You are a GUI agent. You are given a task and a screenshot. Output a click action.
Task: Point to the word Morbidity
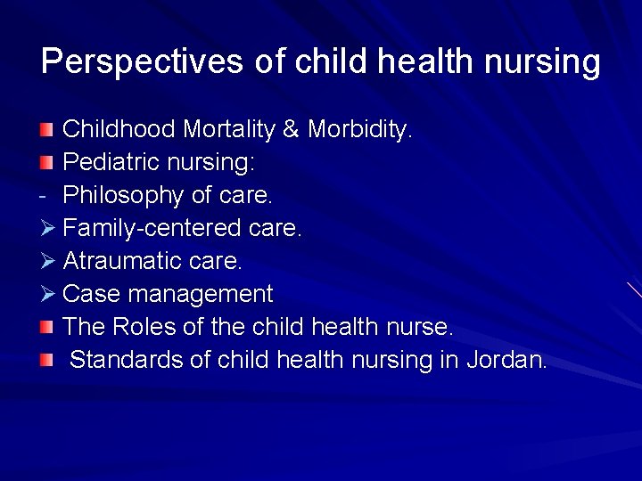pyautogui.click(x=359, y=130)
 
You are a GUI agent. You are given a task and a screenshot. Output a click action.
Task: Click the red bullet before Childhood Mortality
pyautogui.click(x=46, y=131)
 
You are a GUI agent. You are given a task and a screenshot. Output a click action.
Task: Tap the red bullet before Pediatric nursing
pyautogui.click(x=46, y=164)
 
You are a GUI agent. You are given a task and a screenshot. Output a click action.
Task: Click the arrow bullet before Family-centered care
pyautogui.click(x=48, y=229)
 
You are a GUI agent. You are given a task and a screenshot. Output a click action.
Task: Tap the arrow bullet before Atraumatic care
pyautogui.click(x=48, y=262)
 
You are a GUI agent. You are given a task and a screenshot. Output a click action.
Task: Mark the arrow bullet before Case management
pyautogui.click(x=48, y=295)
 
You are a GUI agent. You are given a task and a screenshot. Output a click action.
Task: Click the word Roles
pyautogui.click(x=144, y=327)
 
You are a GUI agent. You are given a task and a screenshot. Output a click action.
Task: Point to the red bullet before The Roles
pyautogui.click(x=46, y=328)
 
